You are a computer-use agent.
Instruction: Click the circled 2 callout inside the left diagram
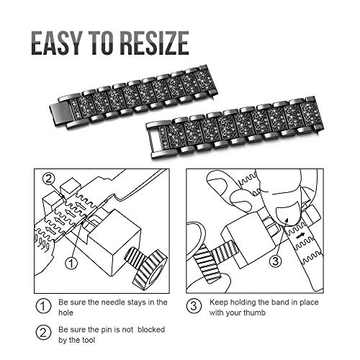(x=49, y=179)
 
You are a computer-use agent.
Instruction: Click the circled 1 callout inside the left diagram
(x=71, y=264)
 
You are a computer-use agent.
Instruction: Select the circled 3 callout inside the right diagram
(x=275, y=261)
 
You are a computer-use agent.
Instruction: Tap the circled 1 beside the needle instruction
(x=43, y=306)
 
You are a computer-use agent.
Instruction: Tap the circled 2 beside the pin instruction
(x=43, y=333)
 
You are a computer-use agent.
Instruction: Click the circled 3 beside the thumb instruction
(x=194, y=306)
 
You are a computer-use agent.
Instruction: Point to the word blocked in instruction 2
(x=151, y=329)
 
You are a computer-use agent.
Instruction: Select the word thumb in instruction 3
(x=254, y=312)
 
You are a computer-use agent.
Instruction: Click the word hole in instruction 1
(x=66, y=312)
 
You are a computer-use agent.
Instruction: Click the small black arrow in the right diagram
(x=300, y=236)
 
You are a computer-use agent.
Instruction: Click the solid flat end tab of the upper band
(x=60, y=111)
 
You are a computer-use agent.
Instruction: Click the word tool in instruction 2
(x=88, y=340)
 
